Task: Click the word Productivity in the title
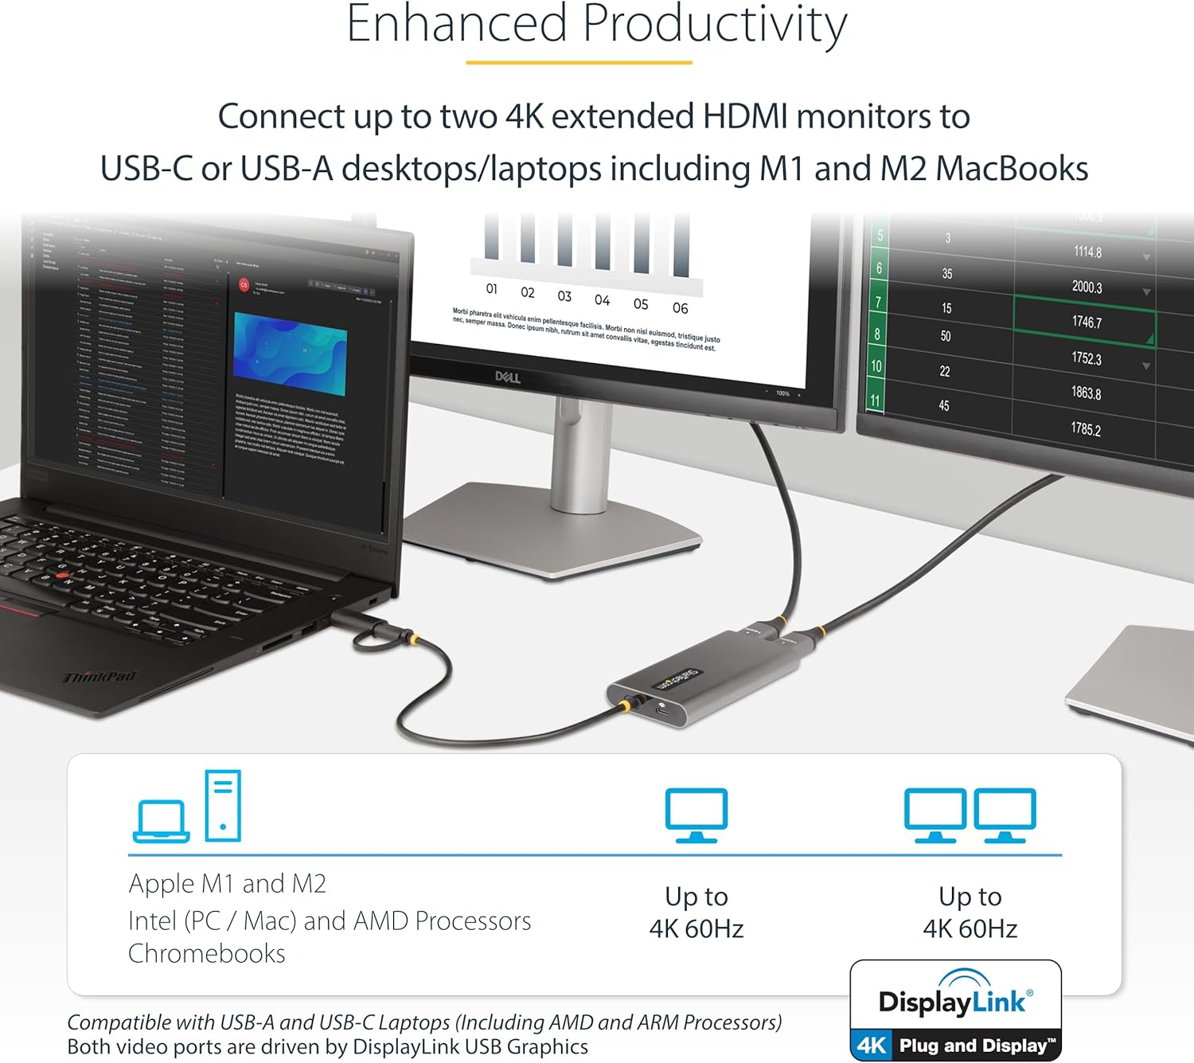pos(714,25)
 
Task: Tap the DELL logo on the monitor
pos(508,377)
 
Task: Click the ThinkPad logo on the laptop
pos(99,677)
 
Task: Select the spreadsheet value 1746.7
pos(1087,322)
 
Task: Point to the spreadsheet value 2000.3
pos(1087,287)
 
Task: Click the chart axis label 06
pos(680,308)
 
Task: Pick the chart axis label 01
pos(492,289)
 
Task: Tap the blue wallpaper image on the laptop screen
pos(290,354)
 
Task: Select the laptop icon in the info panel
pos(162,821)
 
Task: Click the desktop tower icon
pos(223,805)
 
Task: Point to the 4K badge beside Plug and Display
pos(872,1045)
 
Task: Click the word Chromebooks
pos(207,953)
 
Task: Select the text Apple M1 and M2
pos(228,884)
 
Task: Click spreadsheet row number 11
pos(875,401)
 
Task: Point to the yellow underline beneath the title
pos(579,62)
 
